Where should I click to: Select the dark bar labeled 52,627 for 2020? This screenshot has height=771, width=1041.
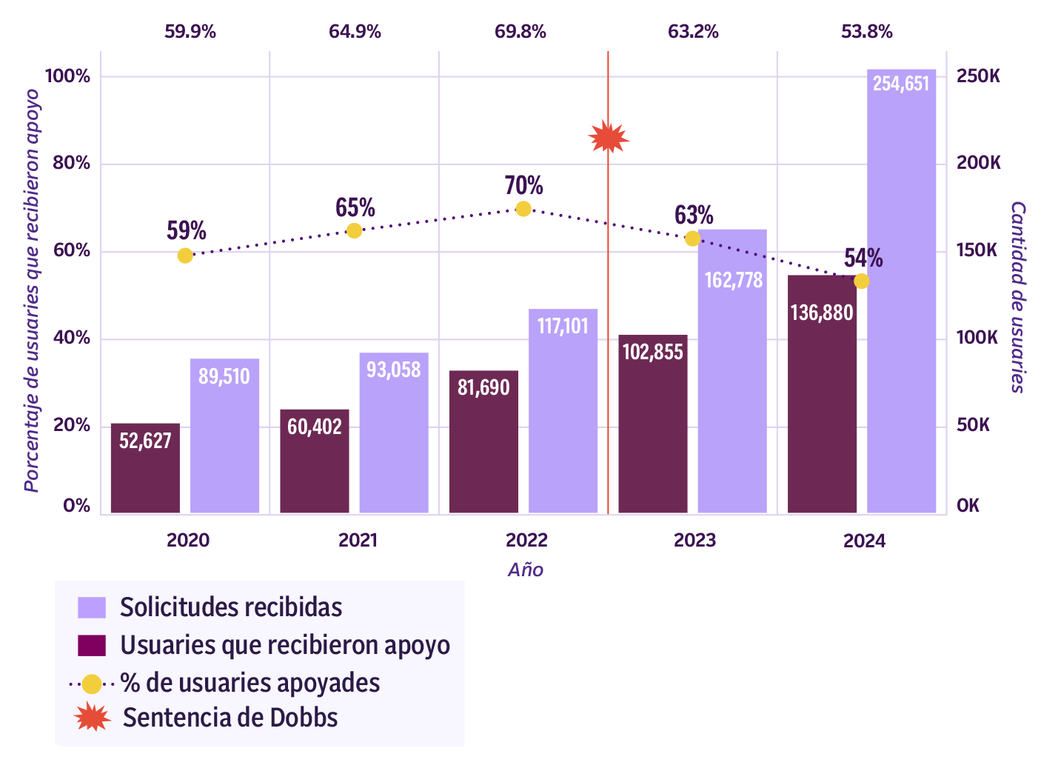pos(145,468)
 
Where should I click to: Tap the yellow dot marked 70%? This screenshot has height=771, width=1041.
pos(523,208)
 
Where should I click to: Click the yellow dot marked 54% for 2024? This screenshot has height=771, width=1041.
pos(861,281)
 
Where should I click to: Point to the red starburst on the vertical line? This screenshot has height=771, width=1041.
pos(608,138)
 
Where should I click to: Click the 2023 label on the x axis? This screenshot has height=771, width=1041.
pos(694,540)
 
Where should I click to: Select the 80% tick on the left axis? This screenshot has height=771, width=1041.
pos(71,163)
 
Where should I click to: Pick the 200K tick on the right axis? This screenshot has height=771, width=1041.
pos(978,163)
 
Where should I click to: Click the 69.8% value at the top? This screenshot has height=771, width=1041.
pos(520,32)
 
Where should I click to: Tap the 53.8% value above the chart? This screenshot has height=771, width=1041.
pos(866,32)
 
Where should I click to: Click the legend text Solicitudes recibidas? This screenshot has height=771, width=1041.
pos(231,607)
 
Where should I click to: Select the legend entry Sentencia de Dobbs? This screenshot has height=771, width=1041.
pos(230,718)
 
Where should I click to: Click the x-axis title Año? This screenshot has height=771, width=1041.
pos(526,570)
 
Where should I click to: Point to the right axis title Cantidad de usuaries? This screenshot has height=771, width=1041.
pos(1018,296)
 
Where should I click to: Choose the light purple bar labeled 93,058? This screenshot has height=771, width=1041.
pos(394,433)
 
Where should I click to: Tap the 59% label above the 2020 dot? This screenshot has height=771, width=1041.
pos(186,231)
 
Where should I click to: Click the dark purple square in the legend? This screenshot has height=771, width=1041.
pos(92,645)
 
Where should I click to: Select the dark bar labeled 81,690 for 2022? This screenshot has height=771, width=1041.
pos(483,441)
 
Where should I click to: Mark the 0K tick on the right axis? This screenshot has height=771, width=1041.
pos(968,506)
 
